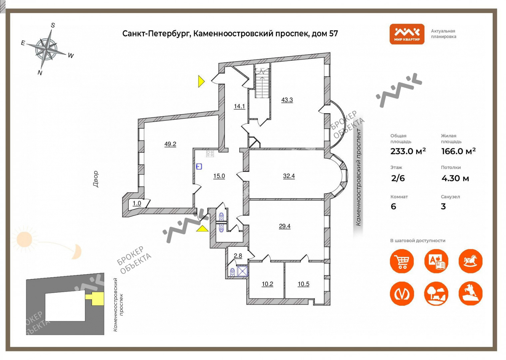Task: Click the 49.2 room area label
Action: coord(170,144)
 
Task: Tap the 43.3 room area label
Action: coord(287,100)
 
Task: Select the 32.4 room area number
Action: coord(289,176)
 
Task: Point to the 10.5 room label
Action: coord(303,284)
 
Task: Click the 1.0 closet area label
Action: coord(137,203)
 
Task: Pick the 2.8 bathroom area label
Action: coord(238,256)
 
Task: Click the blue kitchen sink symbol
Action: coord(199,167)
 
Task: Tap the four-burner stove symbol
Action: coord(210,154)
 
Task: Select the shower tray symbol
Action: coord(243,271)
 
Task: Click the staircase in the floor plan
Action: coord(262,83)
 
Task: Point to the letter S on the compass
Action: coord(53,25)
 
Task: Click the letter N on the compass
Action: coord(40,73)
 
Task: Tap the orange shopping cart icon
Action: coord(402,261)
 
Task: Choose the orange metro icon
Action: coord(402,294)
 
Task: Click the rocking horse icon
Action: coord(471,261)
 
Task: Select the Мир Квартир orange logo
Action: coord(407,34)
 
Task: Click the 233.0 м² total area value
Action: coord(408,151)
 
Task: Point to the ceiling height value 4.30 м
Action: coord(455,178)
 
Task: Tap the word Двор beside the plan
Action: coord(96,179)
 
